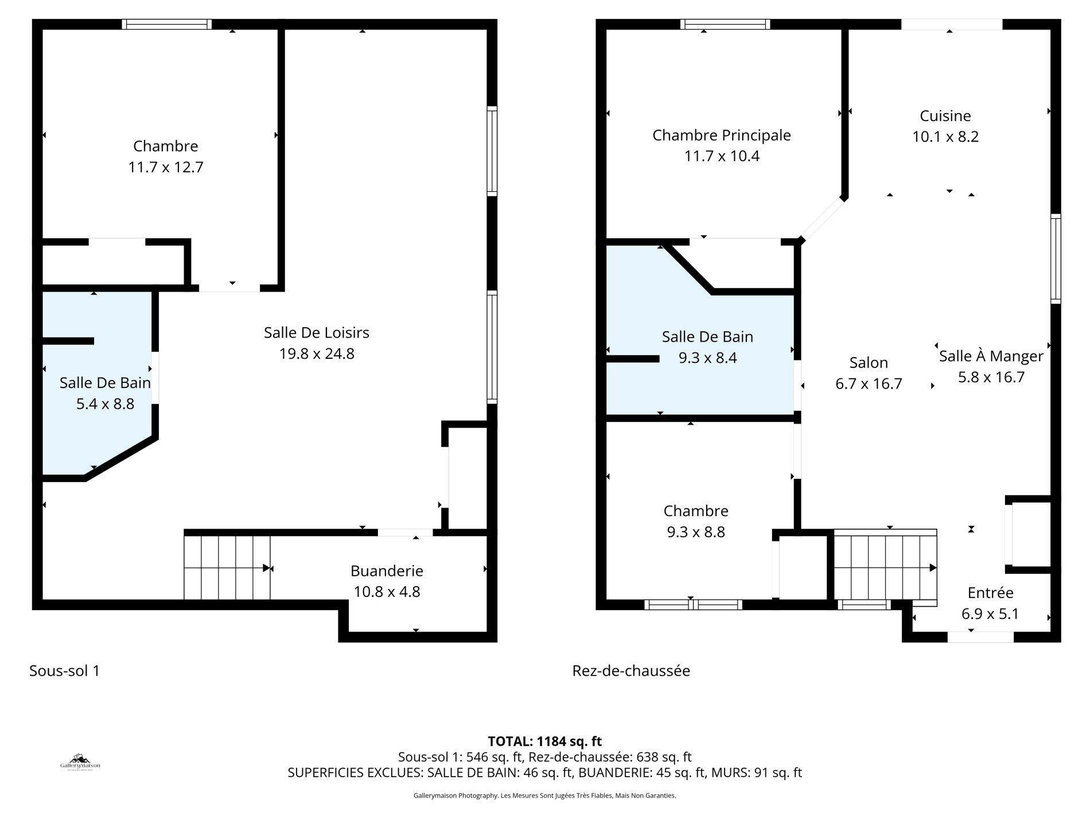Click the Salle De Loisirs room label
(316, 332)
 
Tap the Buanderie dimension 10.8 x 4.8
(387, 592)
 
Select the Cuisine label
(945, 116)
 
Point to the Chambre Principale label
(721, 135)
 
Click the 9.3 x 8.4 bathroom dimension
(707, 358)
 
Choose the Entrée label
(990, 592)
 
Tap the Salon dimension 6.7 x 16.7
(869, 383)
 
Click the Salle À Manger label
(991, 356)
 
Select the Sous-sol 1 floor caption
(64, 670)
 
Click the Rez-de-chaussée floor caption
(630, 670)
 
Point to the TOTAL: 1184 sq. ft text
(544, 741)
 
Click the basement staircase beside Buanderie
(227, 567)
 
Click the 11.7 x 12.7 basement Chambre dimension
(165, 168)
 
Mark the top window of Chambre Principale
(725, 24)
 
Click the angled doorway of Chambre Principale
(822, 219)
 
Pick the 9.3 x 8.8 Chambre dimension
(695, 532)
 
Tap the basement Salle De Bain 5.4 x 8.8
(105, 404)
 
